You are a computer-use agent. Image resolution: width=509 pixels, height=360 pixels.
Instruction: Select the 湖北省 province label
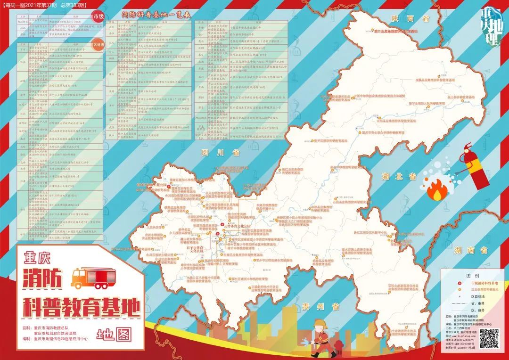click(399, 177)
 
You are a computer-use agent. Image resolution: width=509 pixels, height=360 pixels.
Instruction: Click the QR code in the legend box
click(489, 338)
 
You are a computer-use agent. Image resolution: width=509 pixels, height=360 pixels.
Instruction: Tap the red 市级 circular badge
click(99, 16)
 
